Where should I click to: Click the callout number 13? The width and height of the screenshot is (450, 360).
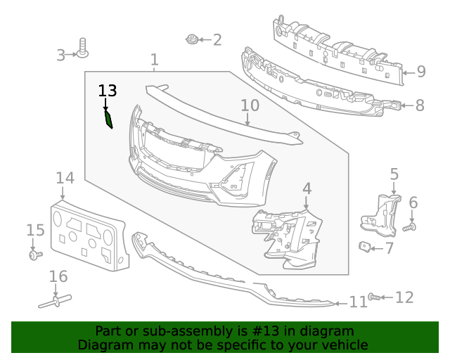coord(108,91)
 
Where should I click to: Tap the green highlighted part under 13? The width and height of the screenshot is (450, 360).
coord(108,120)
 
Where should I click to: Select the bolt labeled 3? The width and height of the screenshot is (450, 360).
coord(83,48)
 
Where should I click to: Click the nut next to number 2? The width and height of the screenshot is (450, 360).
coord(191,39)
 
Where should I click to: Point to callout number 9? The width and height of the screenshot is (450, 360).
coord(420,71)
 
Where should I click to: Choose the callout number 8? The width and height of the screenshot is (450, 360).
coord(420,106)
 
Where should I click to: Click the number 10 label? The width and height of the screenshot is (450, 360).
coord(250,106)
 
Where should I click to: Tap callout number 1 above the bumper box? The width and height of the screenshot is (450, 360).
coord(155,60)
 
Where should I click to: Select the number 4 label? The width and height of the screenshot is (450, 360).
coord(307,188)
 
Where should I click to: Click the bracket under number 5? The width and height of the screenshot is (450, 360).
coord(380,214)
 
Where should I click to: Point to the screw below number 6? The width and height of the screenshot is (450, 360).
coord(411,227)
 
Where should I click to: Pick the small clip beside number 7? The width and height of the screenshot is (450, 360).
coord(366,246)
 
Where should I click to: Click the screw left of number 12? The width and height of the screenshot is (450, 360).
coord(374,297)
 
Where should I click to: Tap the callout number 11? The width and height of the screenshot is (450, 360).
coord(359,302)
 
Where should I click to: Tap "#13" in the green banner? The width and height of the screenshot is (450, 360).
coord(264,331)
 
